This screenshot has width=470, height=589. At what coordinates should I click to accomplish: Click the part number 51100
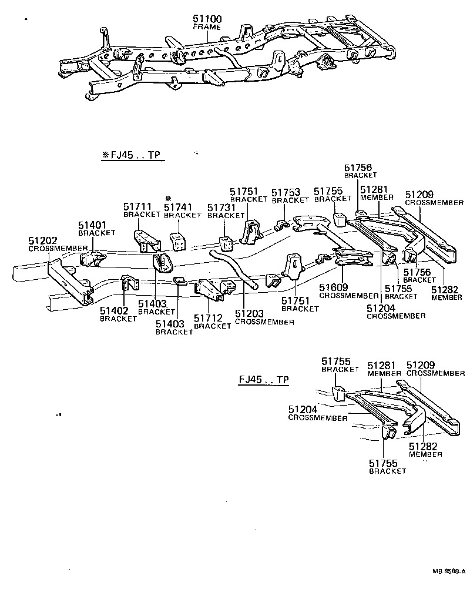(206, 19)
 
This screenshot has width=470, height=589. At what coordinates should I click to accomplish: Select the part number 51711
(137, 206)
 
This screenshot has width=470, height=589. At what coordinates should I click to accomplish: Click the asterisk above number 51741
(168, 198)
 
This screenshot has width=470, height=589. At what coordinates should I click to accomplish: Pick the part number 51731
(221, 208)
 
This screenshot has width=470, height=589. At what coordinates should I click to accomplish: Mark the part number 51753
(286, 192)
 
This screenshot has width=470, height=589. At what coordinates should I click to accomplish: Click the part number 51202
(43, 240)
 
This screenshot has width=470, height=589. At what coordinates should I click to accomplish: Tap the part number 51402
(115, 311)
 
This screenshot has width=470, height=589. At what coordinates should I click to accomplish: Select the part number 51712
(209, 318)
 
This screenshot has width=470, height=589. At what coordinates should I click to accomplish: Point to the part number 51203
(249, 314)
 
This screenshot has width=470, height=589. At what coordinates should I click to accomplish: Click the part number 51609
(334, 287)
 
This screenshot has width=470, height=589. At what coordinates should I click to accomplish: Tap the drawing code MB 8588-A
(449, 571)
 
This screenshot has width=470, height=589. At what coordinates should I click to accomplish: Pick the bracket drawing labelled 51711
(146, 241)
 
